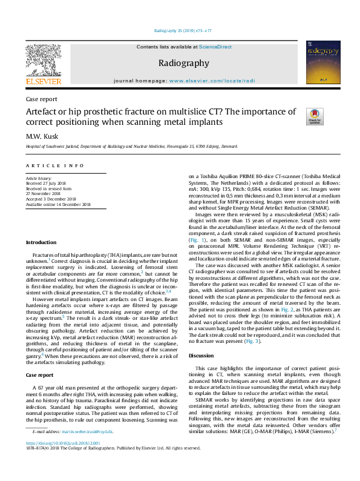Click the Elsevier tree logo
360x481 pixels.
(x=44, y=63)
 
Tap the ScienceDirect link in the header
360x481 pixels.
(x=216, y=47)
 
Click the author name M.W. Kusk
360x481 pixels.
(x=42, y=136)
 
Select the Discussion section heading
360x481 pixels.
(x=201, y=356)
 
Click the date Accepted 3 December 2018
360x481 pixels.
(x=51, y=199)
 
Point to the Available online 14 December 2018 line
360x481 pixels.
(x=57, y=204)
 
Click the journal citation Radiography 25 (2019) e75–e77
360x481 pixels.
(x=180, y=30)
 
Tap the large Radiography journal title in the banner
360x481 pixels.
(x=183, y=63)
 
